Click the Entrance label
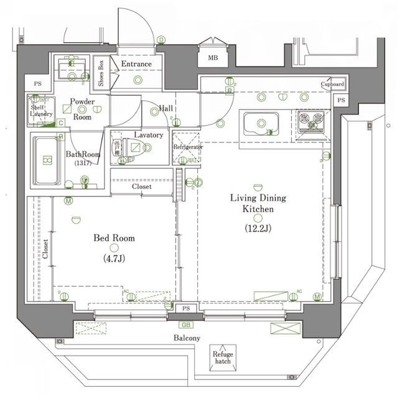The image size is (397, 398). pyautogui.click(x=136, y=64)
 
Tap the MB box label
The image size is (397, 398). pyautogui.click(x=213, y=58)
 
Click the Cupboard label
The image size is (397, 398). pyautogui.click(x=332, y=84)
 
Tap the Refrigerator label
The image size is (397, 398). pyautogui.click(x=187, y=147)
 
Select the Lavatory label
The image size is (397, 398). pyautogui.click(x=148, y=135)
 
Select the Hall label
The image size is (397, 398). pyautogui.click(x=166, y=108)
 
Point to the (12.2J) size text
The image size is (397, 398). pyautogui.click(x=258, y=228)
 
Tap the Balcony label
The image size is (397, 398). pyautogui.click(x=186, y=338)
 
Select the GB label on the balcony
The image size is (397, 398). pyautogui.click(x=185, y=325)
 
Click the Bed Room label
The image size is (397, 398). pyautogui.click(x=114, y=238)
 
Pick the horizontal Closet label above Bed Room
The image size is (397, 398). pyautogui.click(x=141, y=186)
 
